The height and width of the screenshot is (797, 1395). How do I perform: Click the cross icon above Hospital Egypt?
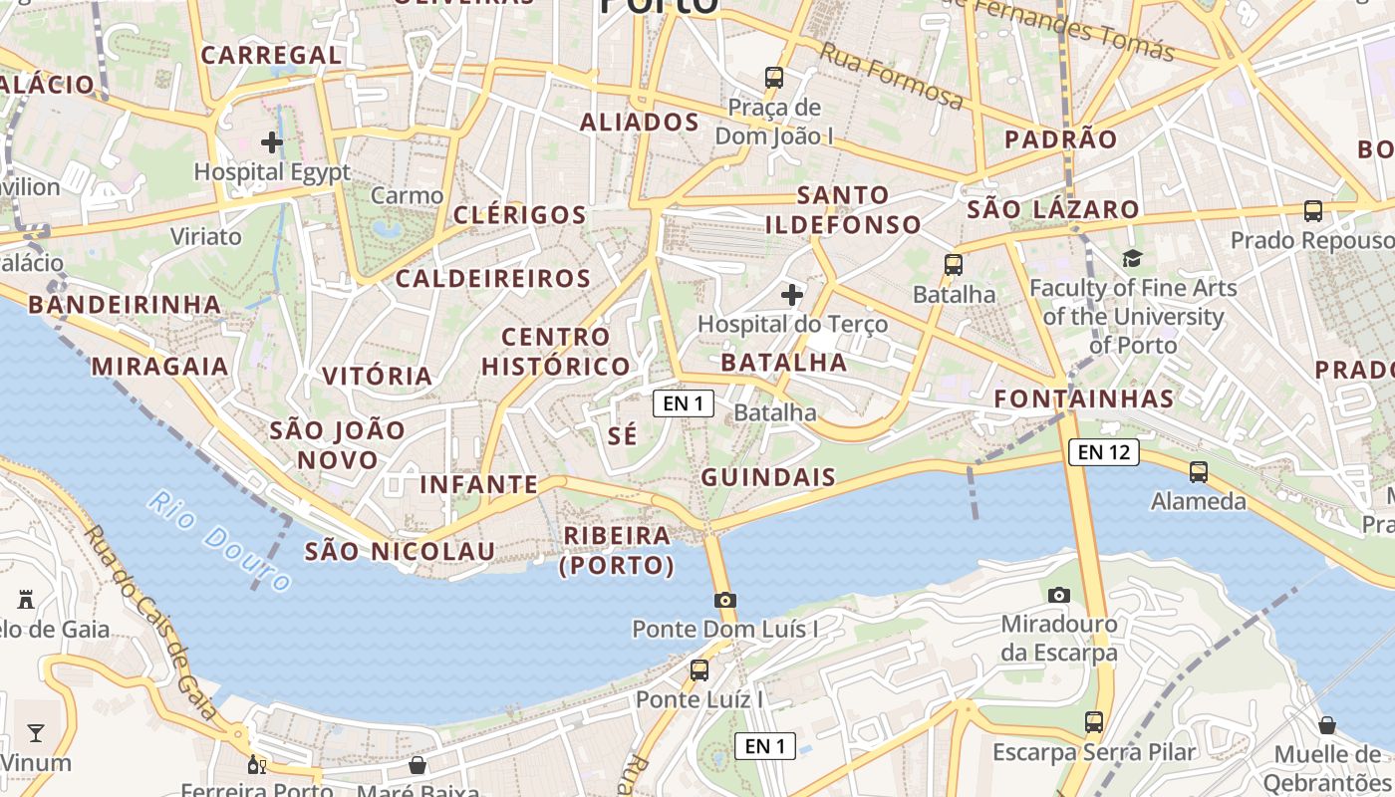pyautogui.click(x=271, y=142)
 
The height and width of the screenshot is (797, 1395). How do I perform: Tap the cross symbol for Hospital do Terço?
pyautogui.click(x=792, y=295)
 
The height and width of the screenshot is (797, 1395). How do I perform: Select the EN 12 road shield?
pyautogui.click(x=1103, y=452)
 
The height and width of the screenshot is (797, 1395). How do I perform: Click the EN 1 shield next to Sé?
pyautogui.click(x=684, y=403)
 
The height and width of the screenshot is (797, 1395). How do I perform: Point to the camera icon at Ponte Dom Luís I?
pyautogui.click(x=725, y=600)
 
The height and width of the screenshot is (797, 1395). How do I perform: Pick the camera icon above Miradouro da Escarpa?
pyautogui.click(x=1059, y=595)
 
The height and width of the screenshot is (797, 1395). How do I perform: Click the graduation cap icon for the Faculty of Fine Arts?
pyautogui.click(x=1132, y=259)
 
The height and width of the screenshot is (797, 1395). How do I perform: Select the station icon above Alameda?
pyautogui.click(x=1199, y=472)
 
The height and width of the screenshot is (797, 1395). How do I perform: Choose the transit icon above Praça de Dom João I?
pyautogui.click(x=774, y=77)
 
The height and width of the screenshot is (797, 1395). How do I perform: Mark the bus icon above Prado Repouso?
pyautogui.click(x=1313, y=211)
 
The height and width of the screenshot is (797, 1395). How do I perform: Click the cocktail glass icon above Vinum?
pyautogui.click(x=36, y=733)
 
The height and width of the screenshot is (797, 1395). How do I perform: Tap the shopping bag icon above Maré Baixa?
pyautogui.click(x=418, y=765)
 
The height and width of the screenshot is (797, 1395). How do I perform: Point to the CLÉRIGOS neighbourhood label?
pyautogui.click(x=519, y=215)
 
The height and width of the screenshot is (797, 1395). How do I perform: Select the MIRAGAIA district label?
pyautogui.click(x=159, y=367)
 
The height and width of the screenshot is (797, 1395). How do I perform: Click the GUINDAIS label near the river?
pyautogui.click(x=768, y=477)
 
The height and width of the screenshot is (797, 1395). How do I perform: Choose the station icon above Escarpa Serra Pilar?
pyautogui.click(x=1094, y=722)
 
